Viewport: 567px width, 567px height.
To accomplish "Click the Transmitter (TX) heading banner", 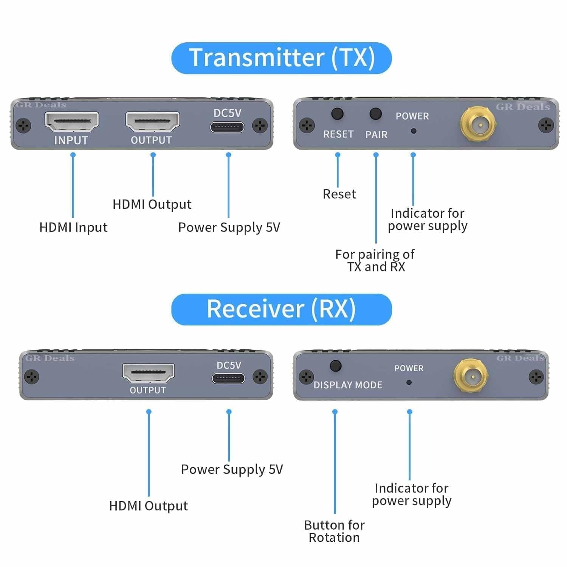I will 282,58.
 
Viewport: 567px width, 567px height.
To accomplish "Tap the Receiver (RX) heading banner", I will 282,309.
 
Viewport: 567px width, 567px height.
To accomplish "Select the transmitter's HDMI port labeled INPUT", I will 72,122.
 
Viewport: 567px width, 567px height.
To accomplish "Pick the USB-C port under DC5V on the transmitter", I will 227,127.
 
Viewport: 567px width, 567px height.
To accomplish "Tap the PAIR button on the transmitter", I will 375,114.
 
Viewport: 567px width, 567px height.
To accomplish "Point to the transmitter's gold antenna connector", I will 478,123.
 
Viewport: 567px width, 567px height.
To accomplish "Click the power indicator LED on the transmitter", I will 414,131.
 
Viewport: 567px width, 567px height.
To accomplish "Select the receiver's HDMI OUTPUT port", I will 148,373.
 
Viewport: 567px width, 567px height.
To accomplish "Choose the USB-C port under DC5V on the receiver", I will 228,378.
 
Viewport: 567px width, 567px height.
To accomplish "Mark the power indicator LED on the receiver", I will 409,382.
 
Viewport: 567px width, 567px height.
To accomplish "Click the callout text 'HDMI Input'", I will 73,228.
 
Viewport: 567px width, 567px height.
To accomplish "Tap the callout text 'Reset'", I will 339,194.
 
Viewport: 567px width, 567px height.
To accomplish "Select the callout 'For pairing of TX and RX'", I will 375,260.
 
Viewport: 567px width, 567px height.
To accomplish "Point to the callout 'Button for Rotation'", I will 334,531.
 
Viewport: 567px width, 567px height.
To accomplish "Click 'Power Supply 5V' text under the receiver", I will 232,469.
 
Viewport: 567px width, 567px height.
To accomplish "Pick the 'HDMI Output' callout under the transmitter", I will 152,204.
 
